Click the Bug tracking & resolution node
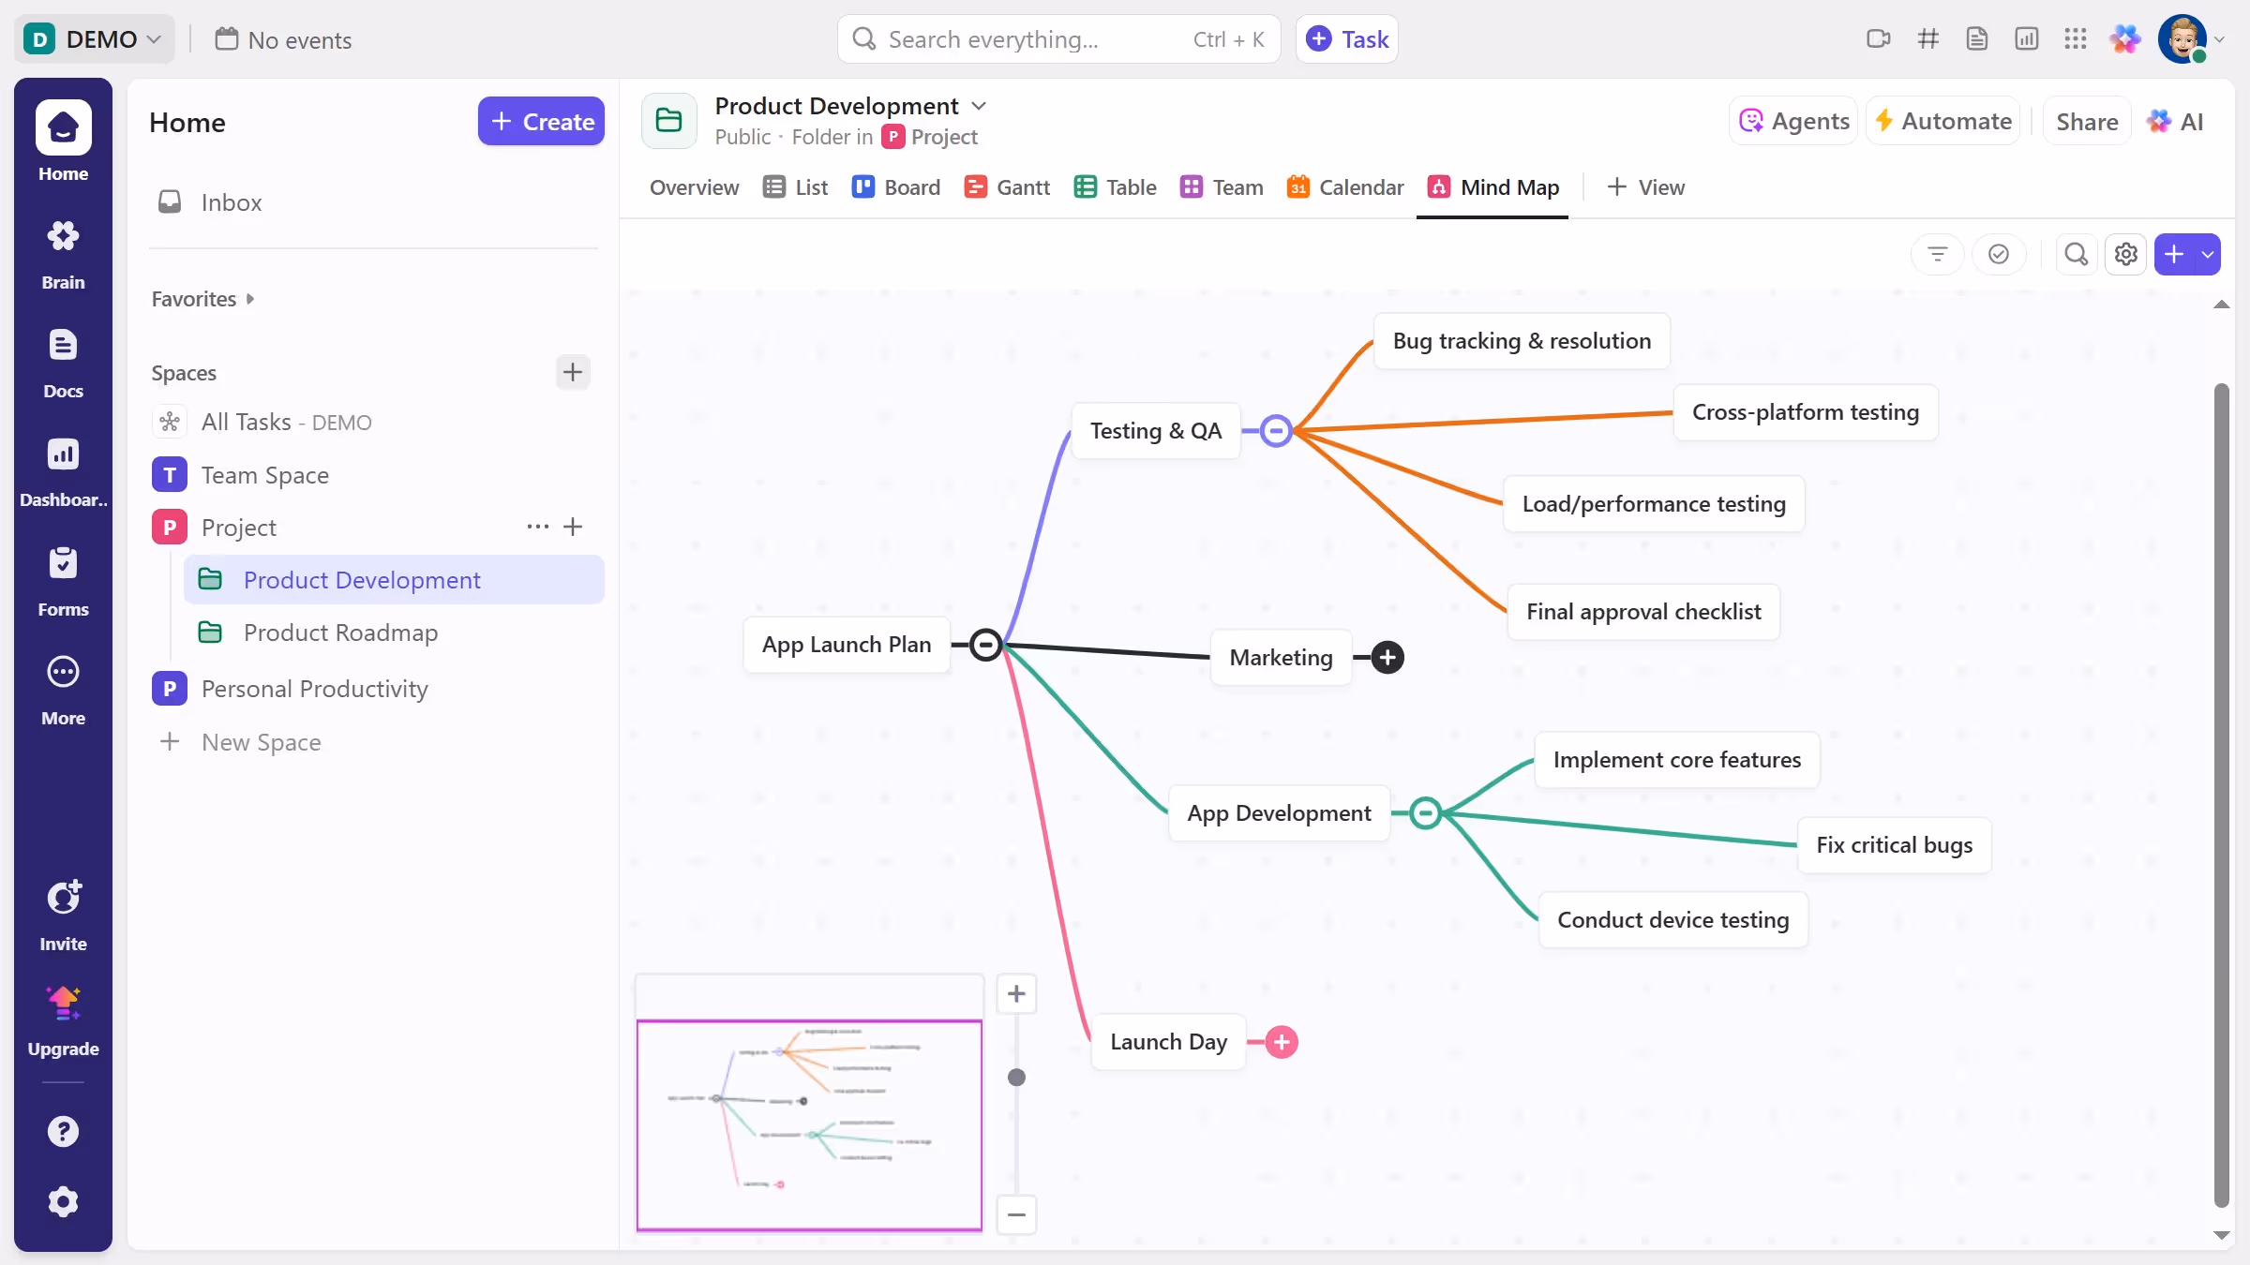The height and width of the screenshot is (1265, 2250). (x=1521, y=341)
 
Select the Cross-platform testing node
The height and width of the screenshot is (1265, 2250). (x=1805, y=412)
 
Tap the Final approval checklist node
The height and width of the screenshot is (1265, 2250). (x=1642, y=612)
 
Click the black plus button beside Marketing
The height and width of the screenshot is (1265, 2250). (x=1387, y=658)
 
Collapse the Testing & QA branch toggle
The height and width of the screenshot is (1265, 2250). (x=1275, y=431)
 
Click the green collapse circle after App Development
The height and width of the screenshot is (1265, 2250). (x=1425, y=813)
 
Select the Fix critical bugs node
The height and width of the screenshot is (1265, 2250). (x=1894, y=845)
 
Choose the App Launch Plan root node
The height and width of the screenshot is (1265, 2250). (x=846, y=645)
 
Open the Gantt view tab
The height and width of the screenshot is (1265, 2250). (x=1007, y=187)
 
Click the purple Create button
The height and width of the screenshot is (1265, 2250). (x=541, y=122)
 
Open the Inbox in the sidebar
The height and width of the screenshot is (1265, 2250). (x=231, y=202)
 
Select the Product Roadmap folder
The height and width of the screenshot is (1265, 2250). (x=340, y=633)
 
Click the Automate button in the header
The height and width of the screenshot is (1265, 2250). (x=1942, y=122)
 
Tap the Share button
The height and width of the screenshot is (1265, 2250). (x=2086, y=122)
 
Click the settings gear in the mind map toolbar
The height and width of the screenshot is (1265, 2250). (x=2125, y=255)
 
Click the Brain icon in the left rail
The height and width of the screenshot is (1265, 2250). (x=63, y=253)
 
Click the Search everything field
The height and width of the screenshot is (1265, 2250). (x=1031, y=39)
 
